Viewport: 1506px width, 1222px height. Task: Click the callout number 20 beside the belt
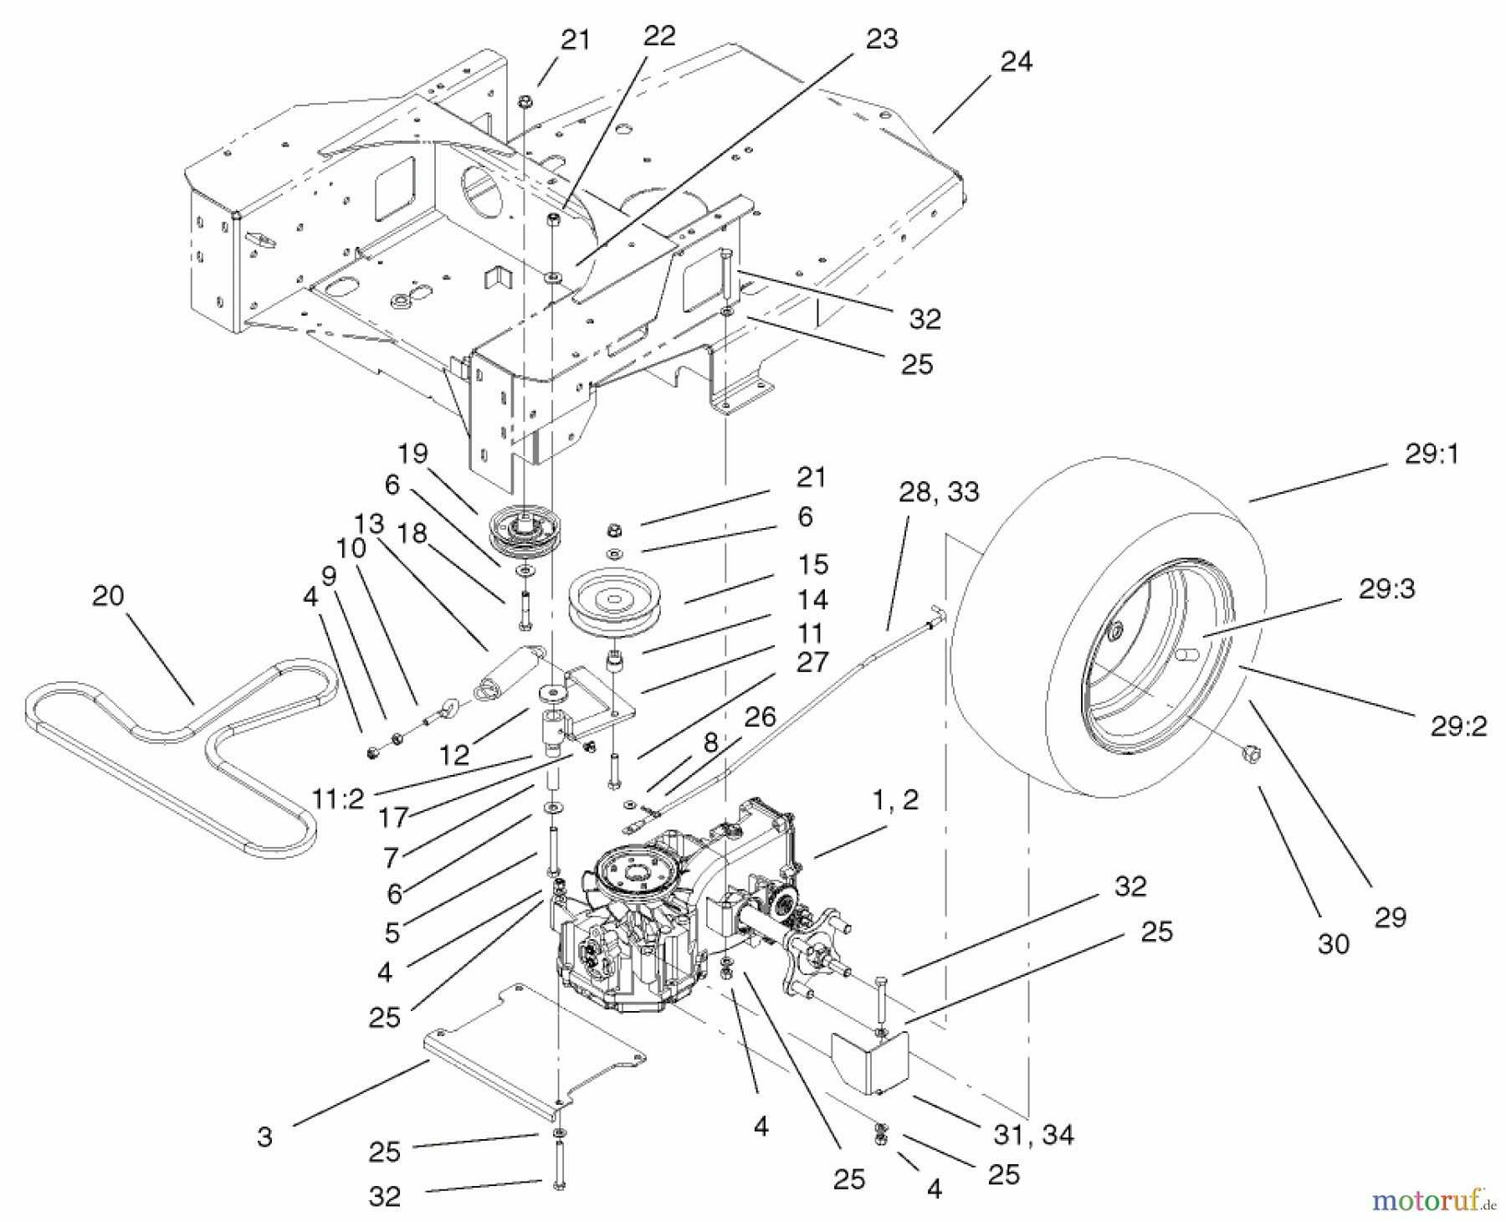tap(108, 597)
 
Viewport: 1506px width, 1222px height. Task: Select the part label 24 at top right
tap(1016, 62)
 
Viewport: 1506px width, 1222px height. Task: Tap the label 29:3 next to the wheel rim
tap(1386, 589)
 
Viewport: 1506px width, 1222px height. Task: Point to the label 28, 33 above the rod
tap(939, 492)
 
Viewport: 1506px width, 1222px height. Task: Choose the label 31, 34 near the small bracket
tap(1033, 1135)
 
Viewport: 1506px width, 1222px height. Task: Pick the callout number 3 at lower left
tap(264, 1137)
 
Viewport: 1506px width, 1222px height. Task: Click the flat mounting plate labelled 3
tap(535, 1046)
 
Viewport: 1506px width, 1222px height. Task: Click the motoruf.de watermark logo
tap(1433, 1203)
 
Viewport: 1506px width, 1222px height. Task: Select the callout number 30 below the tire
tap(1333, 944)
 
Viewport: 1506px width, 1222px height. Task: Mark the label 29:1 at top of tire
tap(1431, 454)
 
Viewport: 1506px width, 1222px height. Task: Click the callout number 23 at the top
tap(880, 39)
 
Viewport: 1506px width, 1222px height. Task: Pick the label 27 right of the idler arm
tap(812, 662)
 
